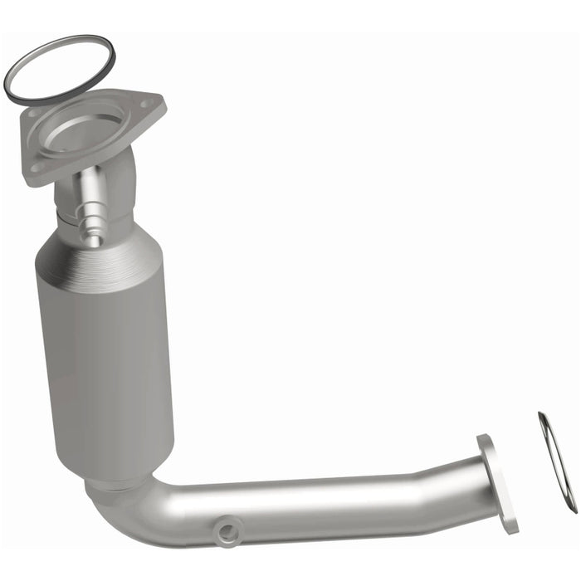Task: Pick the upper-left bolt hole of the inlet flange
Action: [33, 116]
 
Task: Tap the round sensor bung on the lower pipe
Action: [227, 528]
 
